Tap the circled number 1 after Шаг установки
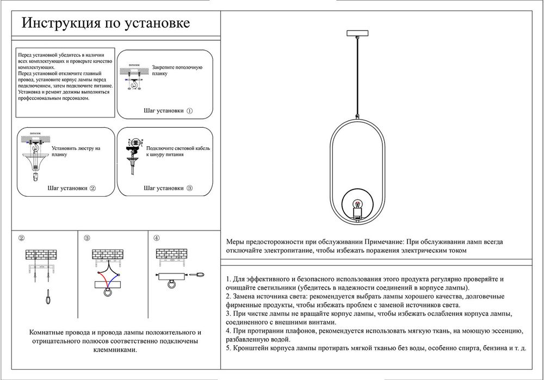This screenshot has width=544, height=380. point(190,110)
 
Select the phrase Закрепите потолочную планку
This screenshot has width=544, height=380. point(177,70)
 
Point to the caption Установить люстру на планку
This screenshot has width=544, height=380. point(77,151)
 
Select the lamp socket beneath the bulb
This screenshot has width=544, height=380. point(357,212)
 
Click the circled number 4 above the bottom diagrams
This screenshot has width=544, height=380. point(157,238)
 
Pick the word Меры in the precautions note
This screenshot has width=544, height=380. point(235,242)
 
